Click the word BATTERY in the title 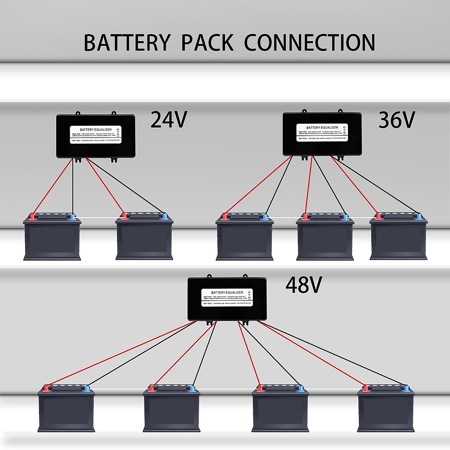click(127, 43)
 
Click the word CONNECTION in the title click(309, 43)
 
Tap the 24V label click(168, 120)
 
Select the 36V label click(397, 120)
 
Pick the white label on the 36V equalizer click(322, 132)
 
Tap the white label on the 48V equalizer click(227, 297)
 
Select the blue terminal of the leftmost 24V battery click(73, 216)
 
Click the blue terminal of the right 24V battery click(165, 216)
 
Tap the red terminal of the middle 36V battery click(305, 217)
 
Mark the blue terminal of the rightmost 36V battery click(418, 216)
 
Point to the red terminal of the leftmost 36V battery click(225, 216)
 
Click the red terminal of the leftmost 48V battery click(46, 388)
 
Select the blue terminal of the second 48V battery click(192, 388)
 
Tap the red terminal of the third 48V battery click(260, 388)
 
